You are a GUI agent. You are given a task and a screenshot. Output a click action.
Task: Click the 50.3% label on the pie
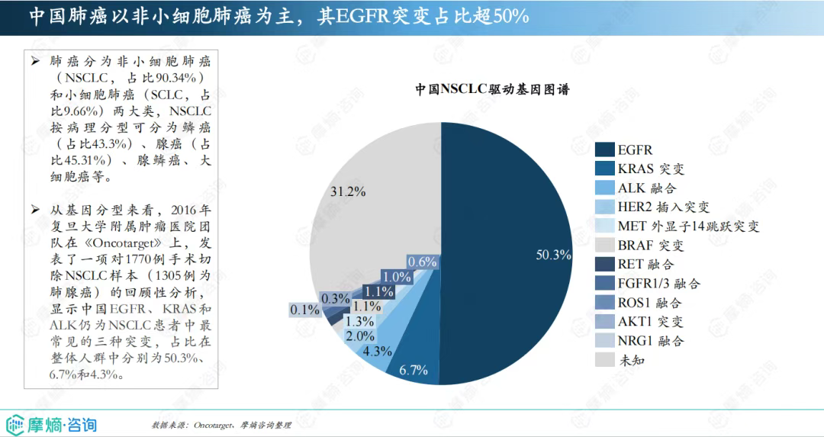tap(554, 255)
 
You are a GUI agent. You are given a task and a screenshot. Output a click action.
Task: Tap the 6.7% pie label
tap(414, 371)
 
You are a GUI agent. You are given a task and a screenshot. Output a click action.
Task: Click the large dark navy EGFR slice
tap(504, 229)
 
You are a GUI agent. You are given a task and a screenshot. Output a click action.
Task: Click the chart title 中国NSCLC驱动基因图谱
tap(494, 88)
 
